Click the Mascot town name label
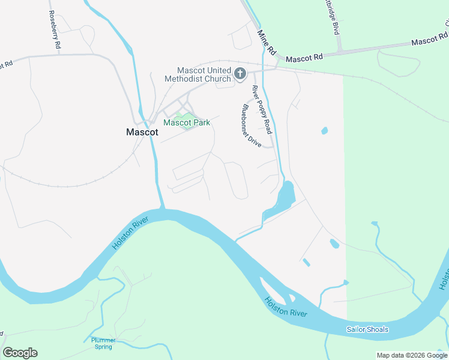pyautogui.click(x=142, y=132)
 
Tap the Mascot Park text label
pyautogui.click(x=187, y=122)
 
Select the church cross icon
pyautogui.click(x=240, y=74)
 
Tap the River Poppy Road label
pyautogui.click(x=262, y=109)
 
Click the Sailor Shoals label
pyautogui.click(x=367, y=329)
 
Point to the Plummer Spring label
pyautogui.click(x=103, y=343)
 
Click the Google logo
pyautogui.click(x=20, y=353)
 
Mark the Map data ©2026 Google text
pyautogui.click(x=412, y=355)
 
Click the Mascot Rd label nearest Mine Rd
pyautogui.click(x=304, y=58)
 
